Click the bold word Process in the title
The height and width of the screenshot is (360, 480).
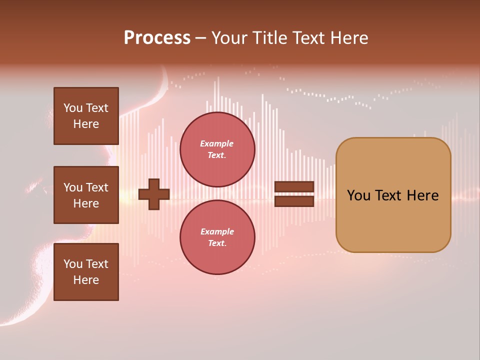[157, 38]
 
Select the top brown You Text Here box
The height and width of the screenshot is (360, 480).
[86, 116]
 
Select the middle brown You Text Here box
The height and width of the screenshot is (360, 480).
[86, 195]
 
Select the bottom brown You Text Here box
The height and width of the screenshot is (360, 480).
[86, 272]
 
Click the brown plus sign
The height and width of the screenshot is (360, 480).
[154, 194]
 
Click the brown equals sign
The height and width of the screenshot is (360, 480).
[294, 194]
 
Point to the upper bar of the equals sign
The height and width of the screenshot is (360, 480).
[294, 187]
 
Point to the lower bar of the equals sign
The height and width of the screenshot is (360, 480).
[294, 201]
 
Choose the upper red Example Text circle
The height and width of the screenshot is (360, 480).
[217, 149]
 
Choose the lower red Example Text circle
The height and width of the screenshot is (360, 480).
[217, 237]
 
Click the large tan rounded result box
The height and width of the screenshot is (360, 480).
[393, 195]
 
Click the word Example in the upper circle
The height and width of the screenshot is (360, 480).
[217, 143]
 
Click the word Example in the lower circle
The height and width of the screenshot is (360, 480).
[217, 231]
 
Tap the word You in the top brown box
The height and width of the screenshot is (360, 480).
[73, 108]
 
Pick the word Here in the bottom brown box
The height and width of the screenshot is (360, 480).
[86, 280]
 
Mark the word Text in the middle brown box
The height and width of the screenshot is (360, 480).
[96, 187]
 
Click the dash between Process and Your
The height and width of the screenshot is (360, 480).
[200, 38]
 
